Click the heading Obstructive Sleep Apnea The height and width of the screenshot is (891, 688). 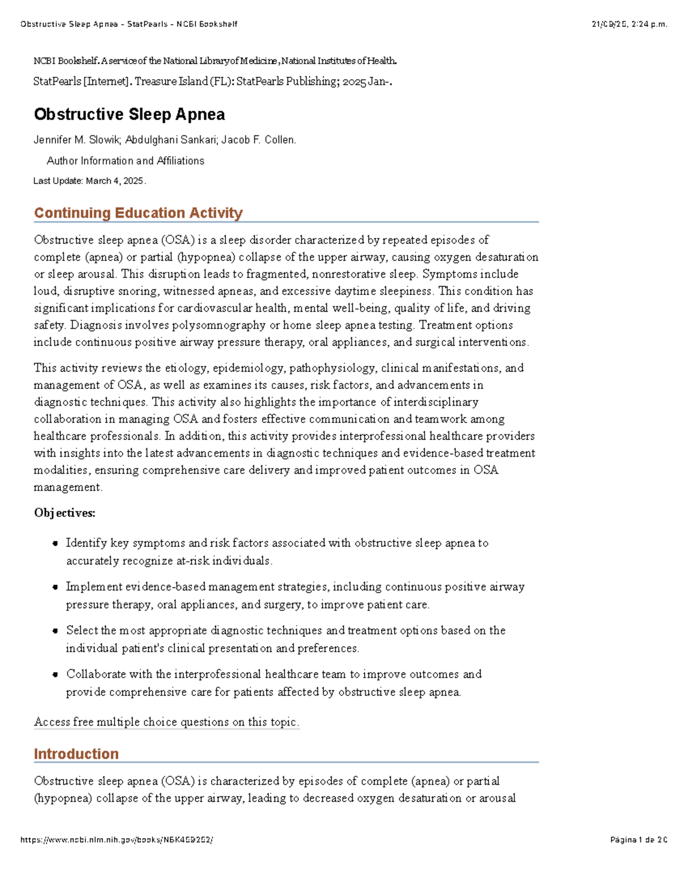tap(129, 114)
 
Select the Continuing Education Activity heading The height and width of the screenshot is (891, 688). tap(138, 213)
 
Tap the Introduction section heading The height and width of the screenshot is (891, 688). tap(76, 754)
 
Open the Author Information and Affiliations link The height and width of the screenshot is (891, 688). tap(125, 161)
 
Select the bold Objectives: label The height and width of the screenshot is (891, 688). tap(64, 513)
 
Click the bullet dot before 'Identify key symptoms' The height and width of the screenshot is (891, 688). tap(55, 543)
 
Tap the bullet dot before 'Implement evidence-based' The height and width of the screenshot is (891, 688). tap(55, 587)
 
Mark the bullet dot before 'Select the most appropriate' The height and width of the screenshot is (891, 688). tap(55, 631)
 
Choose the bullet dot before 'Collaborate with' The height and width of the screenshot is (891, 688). tap(55, 674)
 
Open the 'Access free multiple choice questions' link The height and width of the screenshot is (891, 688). tap(166, 722)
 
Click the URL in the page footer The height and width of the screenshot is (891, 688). tap(116, 840)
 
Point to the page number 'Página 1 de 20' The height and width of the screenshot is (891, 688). tap(639, 840)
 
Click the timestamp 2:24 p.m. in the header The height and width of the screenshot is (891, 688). tap(648, 24)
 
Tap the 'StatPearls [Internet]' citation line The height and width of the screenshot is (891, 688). tap(81, 81)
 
